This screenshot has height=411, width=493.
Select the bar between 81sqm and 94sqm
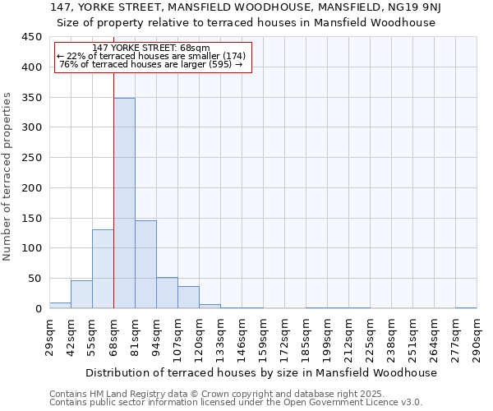pyautogui.click(x=145, y=264)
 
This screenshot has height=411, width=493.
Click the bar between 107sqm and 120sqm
pyautogui.click(x=188, y=297)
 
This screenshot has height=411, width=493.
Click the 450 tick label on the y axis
pyautogui.click(x=31, y=37)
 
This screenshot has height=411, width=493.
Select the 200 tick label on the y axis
pyautogui.click(x=31, y=188)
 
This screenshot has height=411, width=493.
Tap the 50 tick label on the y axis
pyautogui.click(x=35, y=279)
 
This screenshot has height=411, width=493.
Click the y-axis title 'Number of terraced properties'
pyautogui.click(x=8, y=177)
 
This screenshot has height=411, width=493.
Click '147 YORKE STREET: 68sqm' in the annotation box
pyautogui.click(x=152, y=48)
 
